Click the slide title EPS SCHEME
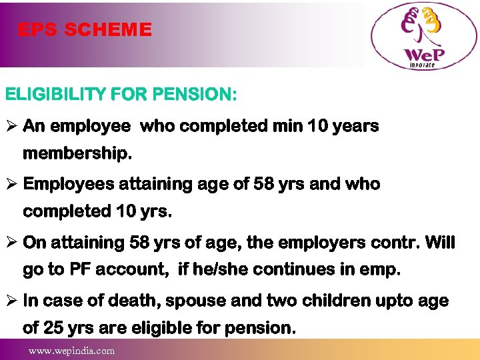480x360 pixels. [85, 30]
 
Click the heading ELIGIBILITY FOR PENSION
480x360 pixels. [121, 95]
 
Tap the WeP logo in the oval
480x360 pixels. [424, 37]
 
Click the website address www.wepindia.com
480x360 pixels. [71, 351]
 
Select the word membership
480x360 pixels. [77, 154]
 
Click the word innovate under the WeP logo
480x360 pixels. [422, 65]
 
